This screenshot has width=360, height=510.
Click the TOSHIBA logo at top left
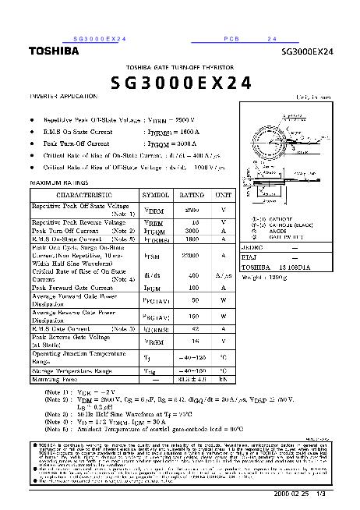pyautogui.click(x=53, y=51)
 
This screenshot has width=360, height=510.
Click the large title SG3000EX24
pyautogui.click(x=179, y=83)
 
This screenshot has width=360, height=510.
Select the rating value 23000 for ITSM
pyautogui.click(x=192, y=254)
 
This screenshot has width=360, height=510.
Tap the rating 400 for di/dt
pyautogui.click(x=192, y=275)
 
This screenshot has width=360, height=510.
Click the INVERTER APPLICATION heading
pyautogui.click(x=64, y=96)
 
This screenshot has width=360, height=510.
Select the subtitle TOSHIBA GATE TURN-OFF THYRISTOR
pyautogui.click(x=179, y=67)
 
